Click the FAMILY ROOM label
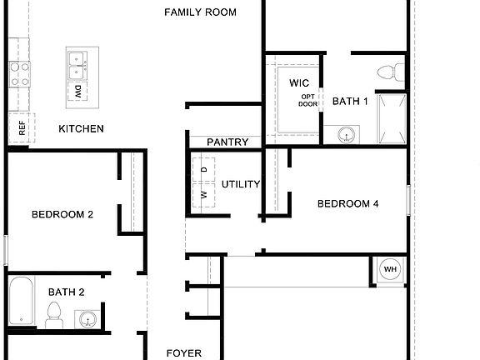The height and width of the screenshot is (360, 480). pyautogui.click(x=200, y=12)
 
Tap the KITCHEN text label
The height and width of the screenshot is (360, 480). pyautogui.click(x=81, y=128)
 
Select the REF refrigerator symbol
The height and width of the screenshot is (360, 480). pyautogui.click(x=20, y=128)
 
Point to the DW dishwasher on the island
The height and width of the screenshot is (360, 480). pyautogui.click(x=77, y=92)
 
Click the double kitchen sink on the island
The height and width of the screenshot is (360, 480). pyautogui.click(x=77, y=59)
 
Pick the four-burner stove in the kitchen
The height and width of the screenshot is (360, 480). pyautogui.click(x=19, y=74)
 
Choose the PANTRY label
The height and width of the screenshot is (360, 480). pyautogui.click(x=227, y=142)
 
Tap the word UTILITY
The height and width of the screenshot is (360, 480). pyautogui.click(x=241, y=184)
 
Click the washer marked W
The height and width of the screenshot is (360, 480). pyautogui.click(x=204, y=195)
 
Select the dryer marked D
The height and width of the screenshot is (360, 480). pyautogui.click(x=204, y=170)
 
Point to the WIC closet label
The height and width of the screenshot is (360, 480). pyautogui.click(x=300, y=83)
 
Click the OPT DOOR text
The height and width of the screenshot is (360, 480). pyautogui.click(x=308, y=101)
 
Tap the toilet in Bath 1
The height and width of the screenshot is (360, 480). pyautogui.click(x=390, y=72)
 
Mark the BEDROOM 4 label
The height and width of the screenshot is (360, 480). pyautogui.click(x=348, y=203)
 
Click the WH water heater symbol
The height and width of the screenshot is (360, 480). pyautogui.click(x=390, y=269)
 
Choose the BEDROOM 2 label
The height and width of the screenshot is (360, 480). pyautogui.click(x=62, y=214)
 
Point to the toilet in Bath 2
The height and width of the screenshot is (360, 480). pyautogui.click(x=54, y=315)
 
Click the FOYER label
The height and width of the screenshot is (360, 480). pyautogui.click(x=184, y=353)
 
